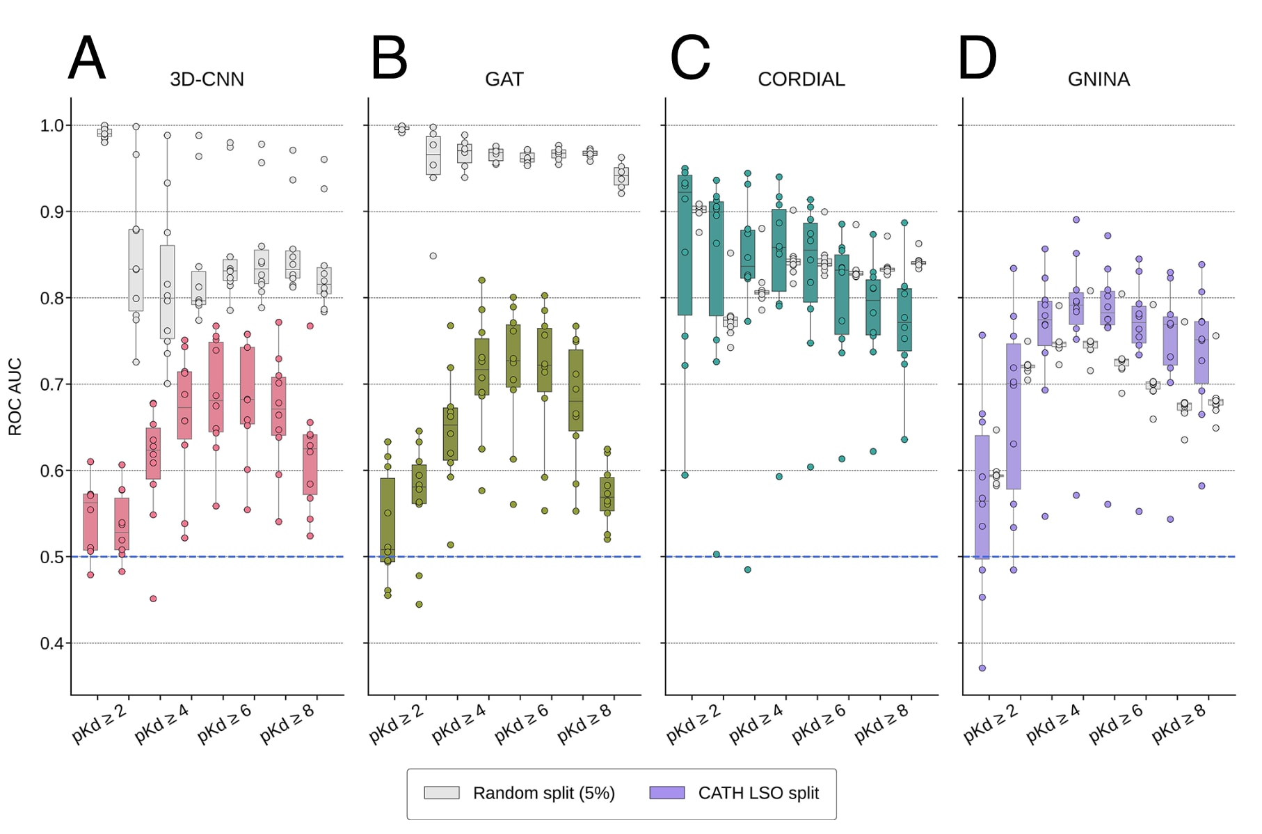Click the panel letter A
pos(87,58)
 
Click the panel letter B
pos(389,58)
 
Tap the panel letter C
pos(690,58)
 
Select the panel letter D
pos(977,58)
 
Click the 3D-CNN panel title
pos(207,79)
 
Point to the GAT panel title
pos(504,79)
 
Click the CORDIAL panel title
pos(801,79)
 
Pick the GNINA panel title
pos(1099,79)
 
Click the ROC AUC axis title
pos(15,397)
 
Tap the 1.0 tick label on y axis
pos(51,125)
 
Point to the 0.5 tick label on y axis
pos(51,557)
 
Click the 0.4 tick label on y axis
pos(51,643)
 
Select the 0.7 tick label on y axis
pos(51,384)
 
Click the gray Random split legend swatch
pos(442,793)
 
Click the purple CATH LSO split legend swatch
pos(666,793)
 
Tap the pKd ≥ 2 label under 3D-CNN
pos(99,724)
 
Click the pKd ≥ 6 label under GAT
pos(522,724)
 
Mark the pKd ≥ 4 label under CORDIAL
pos(756,724)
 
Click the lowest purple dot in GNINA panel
pos(982,668)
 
